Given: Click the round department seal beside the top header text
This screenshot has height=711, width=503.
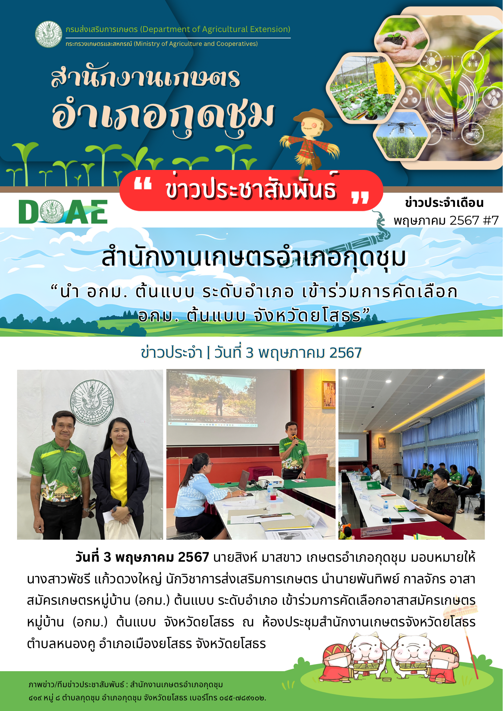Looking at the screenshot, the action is click(49, 34).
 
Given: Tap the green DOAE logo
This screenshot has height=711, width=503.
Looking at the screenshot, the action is click(63, 212).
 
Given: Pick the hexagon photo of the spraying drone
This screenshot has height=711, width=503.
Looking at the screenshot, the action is click(401, 135).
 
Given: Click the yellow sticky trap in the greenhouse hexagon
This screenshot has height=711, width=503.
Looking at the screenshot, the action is click(384, 78).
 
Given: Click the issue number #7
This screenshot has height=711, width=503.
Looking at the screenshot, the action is click(491, 220).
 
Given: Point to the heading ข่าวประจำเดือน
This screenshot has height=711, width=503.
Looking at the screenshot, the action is click(444, 203).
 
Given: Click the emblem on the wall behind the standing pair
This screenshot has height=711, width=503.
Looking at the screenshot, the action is click(92, 402).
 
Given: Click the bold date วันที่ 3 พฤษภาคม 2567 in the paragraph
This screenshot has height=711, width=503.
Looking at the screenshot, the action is click(142, 557).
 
